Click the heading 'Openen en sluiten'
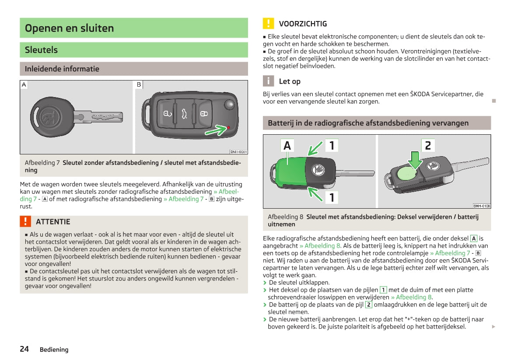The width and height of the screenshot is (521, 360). [x=69, y=28]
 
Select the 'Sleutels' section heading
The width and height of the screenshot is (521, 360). [x=41, y=50]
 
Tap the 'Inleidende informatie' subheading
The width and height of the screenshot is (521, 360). [x=62, y=69]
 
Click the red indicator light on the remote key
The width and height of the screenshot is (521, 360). [x=228, y=127]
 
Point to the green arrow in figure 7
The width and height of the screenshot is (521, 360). [x=216, y=130]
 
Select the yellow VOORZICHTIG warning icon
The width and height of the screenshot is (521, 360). [x=268, y=24]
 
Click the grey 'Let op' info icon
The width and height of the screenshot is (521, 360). [x=268, y=81]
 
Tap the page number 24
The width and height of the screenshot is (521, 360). [x=24, y=349]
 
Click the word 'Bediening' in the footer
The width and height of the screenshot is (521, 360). [x=54, y=350]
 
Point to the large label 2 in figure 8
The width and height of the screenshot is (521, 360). [x=427, y=145]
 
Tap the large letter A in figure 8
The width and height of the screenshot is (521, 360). [x=287, y=145]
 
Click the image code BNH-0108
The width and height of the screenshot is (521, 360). [x=481, y=206]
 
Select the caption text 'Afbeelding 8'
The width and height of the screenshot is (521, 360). [x=285, y=217]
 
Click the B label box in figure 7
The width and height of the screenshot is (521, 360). [x=139, y=84]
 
